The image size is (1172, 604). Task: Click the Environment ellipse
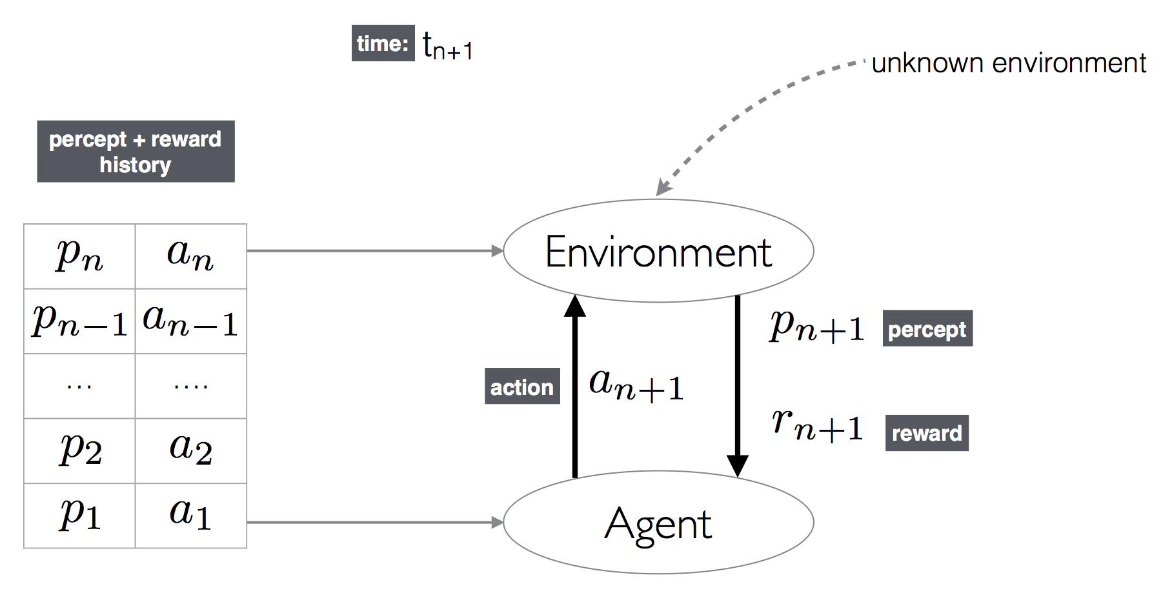point(658,251)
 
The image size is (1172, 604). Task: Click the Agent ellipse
point(658,523)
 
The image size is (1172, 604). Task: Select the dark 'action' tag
point(522,387)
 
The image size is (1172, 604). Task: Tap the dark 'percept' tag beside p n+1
point(927,329)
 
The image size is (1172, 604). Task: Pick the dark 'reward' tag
point(927,433)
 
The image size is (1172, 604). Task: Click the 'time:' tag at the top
point(383,43)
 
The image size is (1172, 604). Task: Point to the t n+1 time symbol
point(448,46)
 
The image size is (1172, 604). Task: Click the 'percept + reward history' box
point(136,152)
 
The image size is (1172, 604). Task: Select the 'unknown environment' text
point(1008,63)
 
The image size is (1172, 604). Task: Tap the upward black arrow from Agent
point(575,387)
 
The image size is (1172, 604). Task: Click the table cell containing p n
point(79,256)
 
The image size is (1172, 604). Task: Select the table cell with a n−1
point(191,321)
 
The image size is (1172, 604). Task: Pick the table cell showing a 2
point(191,450)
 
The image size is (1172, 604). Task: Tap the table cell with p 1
point(79,516)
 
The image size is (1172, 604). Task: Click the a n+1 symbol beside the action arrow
point(636,385)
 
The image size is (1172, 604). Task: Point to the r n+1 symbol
point(817,426)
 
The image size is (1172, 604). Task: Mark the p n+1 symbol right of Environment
point(817,326)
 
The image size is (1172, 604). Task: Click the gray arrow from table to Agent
point(374,522)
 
